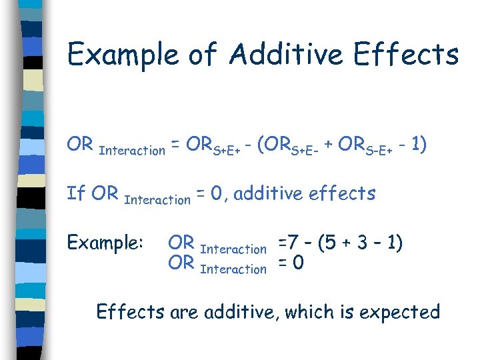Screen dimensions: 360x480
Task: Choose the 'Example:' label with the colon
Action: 105,243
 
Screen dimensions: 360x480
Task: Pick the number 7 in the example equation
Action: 290,243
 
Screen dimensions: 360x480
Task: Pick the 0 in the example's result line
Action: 299,263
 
